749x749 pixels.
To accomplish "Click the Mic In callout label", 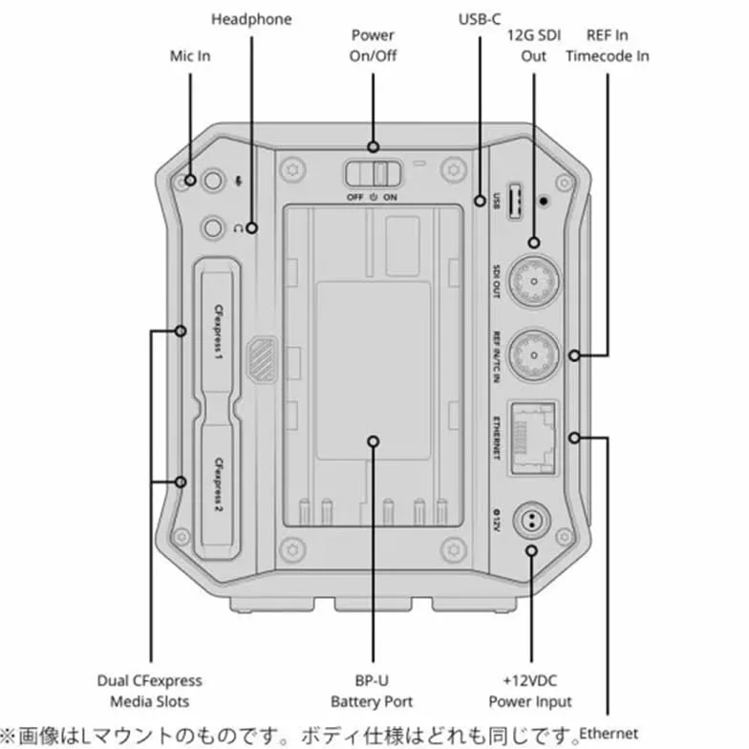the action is (190, 55).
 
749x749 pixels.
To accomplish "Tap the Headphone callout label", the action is (251, 19).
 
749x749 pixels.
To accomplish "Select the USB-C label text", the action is (480, 19).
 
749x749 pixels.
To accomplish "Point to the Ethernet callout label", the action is (609, 734).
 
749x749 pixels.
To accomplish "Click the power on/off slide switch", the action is (374, 173).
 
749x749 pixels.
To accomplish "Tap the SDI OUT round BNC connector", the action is (533, 281).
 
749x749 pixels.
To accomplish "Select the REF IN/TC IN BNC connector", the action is (533, 355).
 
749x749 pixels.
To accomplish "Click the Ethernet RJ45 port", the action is (533, 438).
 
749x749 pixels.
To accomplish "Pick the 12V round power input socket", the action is (531, 521).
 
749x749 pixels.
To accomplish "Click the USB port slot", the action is (514, 201).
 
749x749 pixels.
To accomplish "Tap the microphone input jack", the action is (213, 182).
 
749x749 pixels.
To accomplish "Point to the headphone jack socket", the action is (213, 227).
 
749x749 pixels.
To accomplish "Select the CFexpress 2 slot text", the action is (218, 484).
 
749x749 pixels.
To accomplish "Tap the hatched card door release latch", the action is (262, 358).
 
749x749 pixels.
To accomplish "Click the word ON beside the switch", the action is (390, 197).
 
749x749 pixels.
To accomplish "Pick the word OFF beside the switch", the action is (355, 197).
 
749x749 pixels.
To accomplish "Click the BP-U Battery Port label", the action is (372, 691).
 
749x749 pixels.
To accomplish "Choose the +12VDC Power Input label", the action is (530, 691).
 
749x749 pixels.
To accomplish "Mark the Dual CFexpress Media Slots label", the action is (149, 691).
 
